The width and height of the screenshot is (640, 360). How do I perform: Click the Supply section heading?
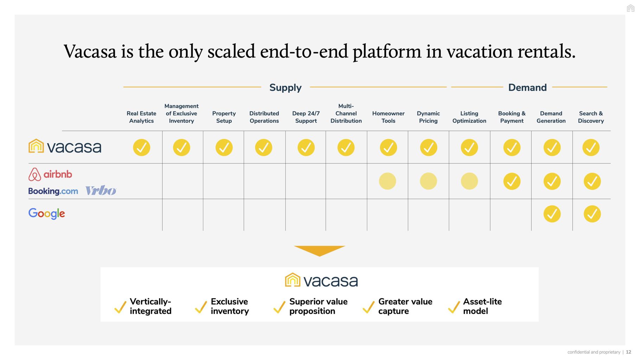[x=285, y=88]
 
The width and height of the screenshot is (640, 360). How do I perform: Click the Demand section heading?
[x=527, y=88]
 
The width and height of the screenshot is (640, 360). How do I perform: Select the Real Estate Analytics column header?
[x=141, y=117]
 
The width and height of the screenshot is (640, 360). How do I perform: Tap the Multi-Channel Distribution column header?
[x=346, y=113]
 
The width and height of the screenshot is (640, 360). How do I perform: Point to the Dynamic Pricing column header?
[x=428, y=117]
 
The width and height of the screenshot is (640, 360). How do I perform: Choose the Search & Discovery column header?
[x=591, y=117]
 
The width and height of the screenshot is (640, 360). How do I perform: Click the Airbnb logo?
[x=50, y=174]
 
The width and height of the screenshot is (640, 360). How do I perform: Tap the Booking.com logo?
[x=53, y=191]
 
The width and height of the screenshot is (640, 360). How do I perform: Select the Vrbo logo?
[x=101, y=191]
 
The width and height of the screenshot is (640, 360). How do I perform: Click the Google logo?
[x=47, y=213]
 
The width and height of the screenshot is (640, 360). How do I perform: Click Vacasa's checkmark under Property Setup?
[x=224, y=148]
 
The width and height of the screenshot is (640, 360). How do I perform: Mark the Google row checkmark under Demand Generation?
[x=552, y=214]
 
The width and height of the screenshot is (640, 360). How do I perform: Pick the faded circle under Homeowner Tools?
[x=388, y=181]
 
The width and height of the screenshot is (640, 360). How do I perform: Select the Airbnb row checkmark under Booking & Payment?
[x=512, y=181]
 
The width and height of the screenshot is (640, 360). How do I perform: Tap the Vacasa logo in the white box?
[x=321, y=280]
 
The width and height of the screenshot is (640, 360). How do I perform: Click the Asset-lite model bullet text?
[x=482, y=306]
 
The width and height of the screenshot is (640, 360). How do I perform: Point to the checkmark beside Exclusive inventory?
[x=201, y=307]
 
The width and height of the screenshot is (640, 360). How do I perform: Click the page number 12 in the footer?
[x=628, y=352]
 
